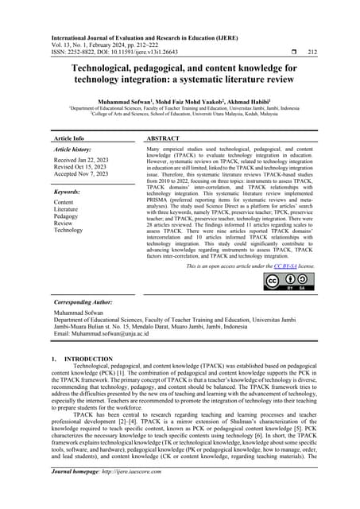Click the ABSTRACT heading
click(x=168, y=138)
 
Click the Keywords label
click(x=73, y=192)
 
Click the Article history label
click(x=78, y=149)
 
